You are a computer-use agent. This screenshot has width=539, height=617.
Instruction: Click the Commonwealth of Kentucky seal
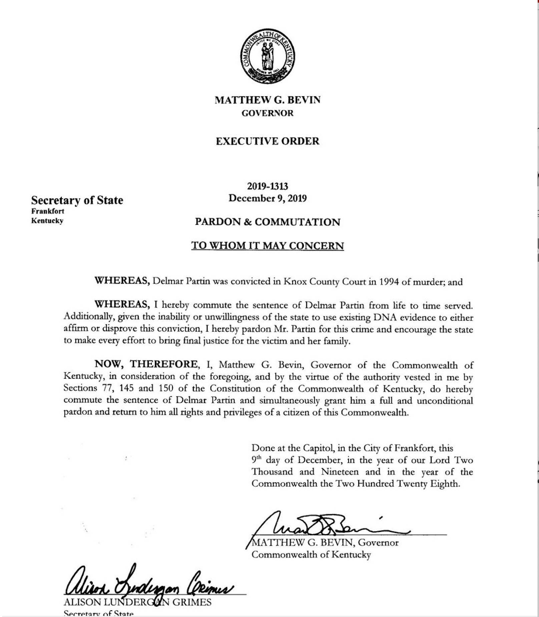click(267, 56)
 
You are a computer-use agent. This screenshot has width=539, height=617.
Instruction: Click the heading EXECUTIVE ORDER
click(267, 141)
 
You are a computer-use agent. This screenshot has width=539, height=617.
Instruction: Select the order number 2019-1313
click(267, 186)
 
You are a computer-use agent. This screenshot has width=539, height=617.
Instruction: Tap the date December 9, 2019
click(267, 198)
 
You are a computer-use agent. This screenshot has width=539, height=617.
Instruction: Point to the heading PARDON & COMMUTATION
click(267, 222)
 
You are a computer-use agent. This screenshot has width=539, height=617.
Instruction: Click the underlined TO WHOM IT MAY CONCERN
click(267, 246)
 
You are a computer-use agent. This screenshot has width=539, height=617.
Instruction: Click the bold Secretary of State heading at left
click(77, 200)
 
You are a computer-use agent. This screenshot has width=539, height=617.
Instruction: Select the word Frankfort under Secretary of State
click(48, 211)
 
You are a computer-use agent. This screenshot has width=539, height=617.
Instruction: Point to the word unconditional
click(445, 401)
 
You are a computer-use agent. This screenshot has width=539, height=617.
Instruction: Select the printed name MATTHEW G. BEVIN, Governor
click(325, 543)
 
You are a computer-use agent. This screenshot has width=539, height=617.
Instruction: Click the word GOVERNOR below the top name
click(267, 113)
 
